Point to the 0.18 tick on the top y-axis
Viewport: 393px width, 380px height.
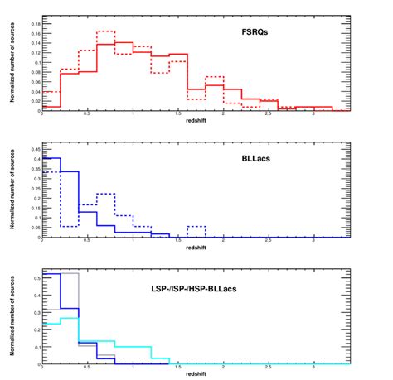tap(33, 24)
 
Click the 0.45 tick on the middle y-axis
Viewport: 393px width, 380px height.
tap(33, 150)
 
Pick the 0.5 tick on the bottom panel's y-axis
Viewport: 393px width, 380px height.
tap(35, 279)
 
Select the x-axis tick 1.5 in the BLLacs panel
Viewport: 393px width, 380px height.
tap(177, 240)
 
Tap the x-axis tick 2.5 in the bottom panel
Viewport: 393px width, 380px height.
tap(268, 367)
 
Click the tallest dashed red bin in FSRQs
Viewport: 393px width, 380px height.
tap(105, 31)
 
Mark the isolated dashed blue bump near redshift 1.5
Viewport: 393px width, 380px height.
tap(196, 226)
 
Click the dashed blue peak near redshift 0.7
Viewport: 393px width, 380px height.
tap(105, 194)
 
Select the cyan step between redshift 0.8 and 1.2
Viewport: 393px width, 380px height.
tap(133, 347)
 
